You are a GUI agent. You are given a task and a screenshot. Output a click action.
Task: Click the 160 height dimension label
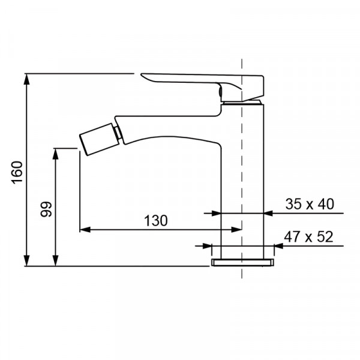coord(17,172)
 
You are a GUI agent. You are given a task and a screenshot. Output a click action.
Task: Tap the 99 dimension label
coord(46,209)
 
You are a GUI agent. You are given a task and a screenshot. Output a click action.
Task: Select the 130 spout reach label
coord(156,221)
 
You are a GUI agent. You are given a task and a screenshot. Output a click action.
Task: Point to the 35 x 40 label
coord(310,204)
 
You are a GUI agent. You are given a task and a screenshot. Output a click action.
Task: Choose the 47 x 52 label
coord(308,237)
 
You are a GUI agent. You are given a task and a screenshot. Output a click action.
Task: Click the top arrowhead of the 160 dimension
coord(27,79)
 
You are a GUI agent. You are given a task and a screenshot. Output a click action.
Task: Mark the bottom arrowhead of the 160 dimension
coord(27,260)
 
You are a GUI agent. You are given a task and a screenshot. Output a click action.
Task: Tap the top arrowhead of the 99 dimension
coord(56,154)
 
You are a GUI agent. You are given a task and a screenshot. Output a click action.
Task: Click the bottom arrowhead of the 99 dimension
coord(56,260)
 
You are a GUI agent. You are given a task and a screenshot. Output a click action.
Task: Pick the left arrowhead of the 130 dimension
coord(85,229)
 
